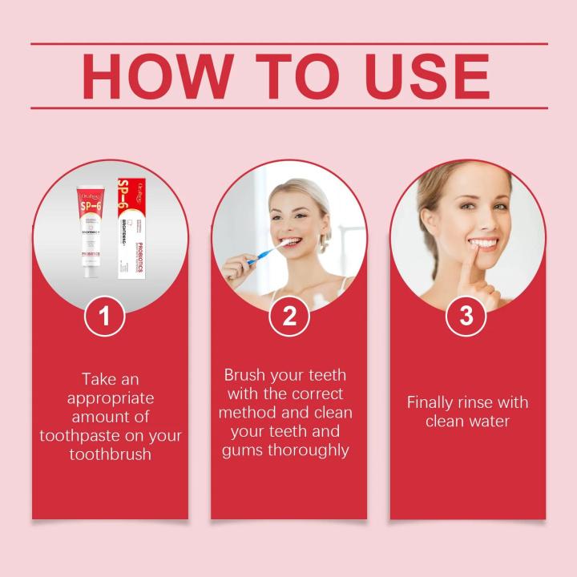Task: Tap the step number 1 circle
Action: [105, 316]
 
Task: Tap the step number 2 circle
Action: [288, 316]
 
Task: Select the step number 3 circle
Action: [466, 316]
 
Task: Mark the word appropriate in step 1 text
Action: [111, 398]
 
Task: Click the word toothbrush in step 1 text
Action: [111, 454]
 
